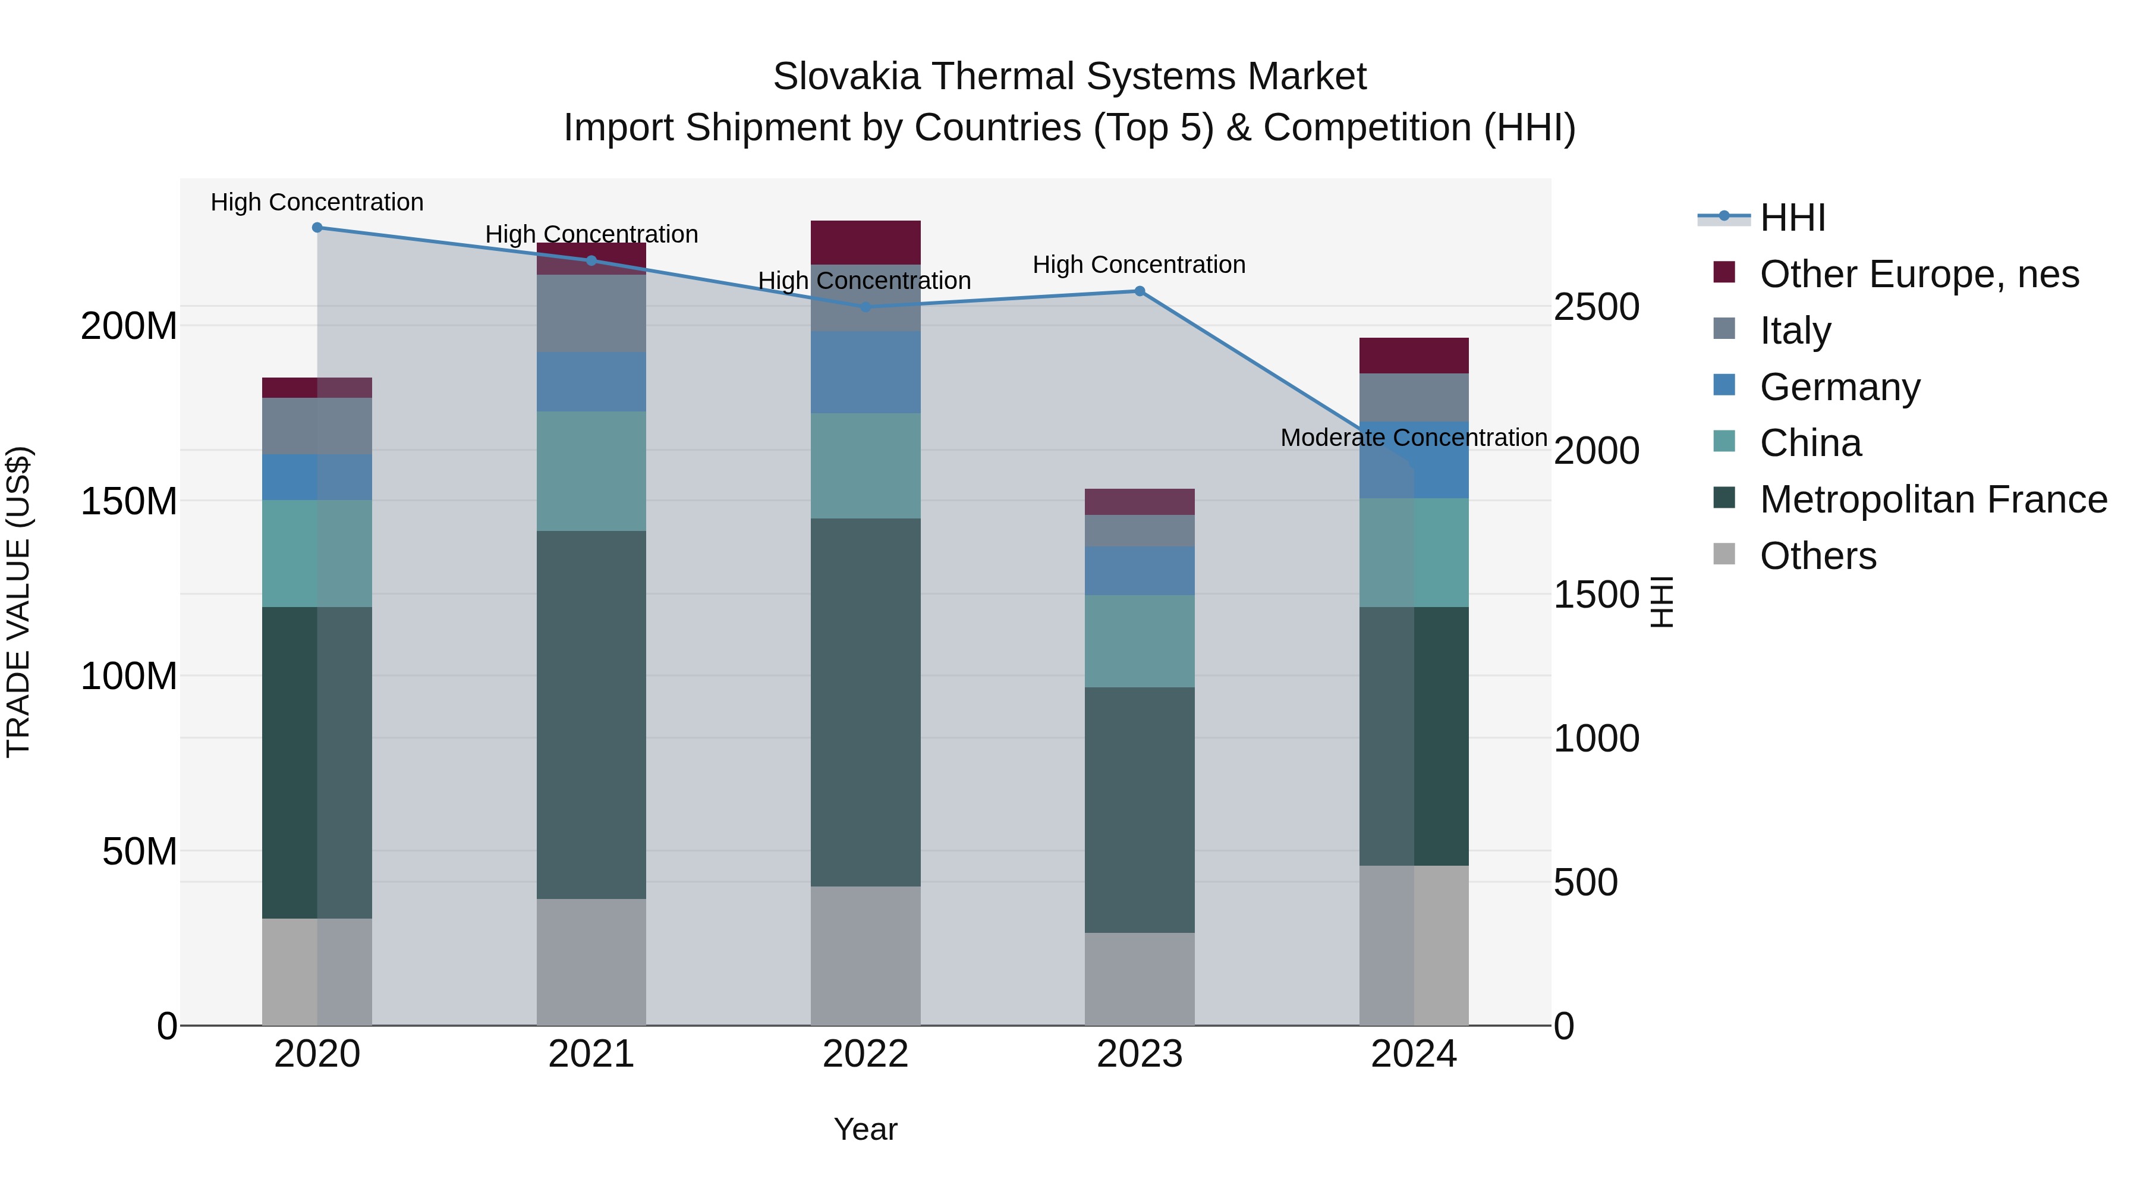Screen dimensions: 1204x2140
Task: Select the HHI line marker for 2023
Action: (1140, 291)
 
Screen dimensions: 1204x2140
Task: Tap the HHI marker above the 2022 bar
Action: (866, 307)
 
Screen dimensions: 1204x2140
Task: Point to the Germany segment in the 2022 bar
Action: (866, 372)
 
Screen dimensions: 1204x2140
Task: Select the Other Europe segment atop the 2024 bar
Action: (1414, 356)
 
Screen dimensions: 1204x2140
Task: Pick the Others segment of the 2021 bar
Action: (591, 961)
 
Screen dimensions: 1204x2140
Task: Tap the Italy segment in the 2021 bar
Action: (591, 313)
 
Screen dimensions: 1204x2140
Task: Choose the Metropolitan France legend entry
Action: (1933, 500)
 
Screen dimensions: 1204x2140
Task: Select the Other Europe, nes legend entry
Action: (1919, 274)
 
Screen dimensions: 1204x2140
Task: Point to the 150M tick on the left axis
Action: (129, 502)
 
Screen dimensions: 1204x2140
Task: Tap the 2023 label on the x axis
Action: (1140, 1054)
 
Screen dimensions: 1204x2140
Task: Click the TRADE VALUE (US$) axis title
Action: (18, 602)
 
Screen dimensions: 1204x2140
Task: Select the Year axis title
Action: (866, 1129)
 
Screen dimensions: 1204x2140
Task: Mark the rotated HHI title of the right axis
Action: (1661, 602)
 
